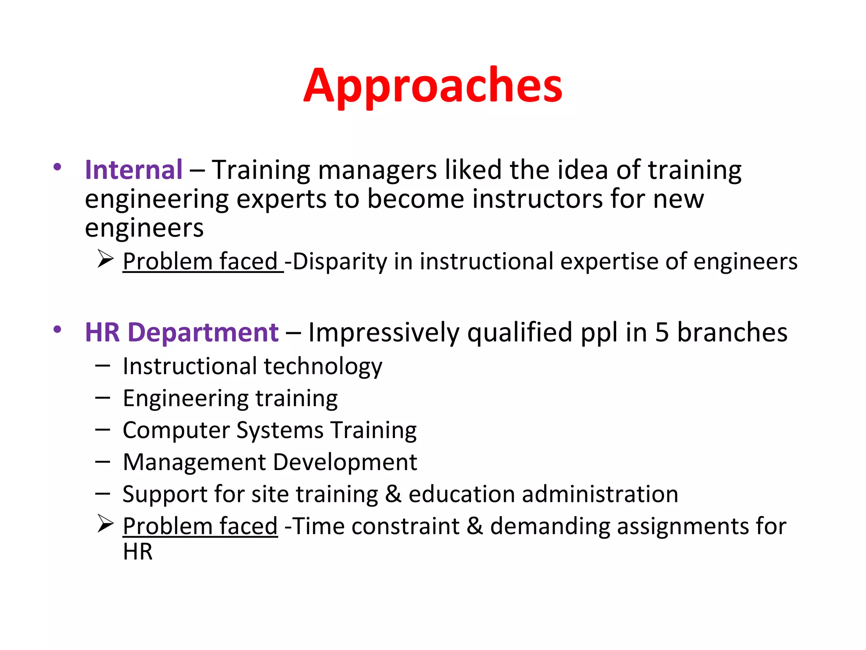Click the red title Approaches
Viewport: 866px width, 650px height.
point(433,87)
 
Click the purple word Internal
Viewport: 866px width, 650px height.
point(134,170)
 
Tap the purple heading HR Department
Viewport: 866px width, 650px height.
point(181,332)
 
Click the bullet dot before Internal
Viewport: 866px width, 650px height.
point(58,167)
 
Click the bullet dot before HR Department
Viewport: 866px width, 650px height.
point(58,329)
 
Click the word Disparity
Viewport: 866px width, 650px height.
point(340,262)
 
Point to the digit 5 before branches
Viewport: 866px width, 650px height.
point(662,332)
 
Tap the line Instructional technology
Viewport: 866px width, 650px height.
point(252,366)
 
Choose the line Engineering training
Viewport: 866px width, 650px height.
point(230,398)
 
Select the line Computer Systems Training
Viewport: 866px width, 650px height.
point(269,430)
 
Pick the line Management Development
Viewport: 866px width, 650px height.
point(270,462)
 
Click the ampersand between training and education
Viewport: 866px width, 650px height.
point(393,494)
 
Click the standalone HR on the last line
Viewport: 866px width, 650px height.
point(137,552)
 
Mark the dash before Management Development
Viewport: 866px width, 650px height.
point(103,462)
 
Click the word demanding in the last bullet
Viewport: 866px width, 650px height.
point(550,526)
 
